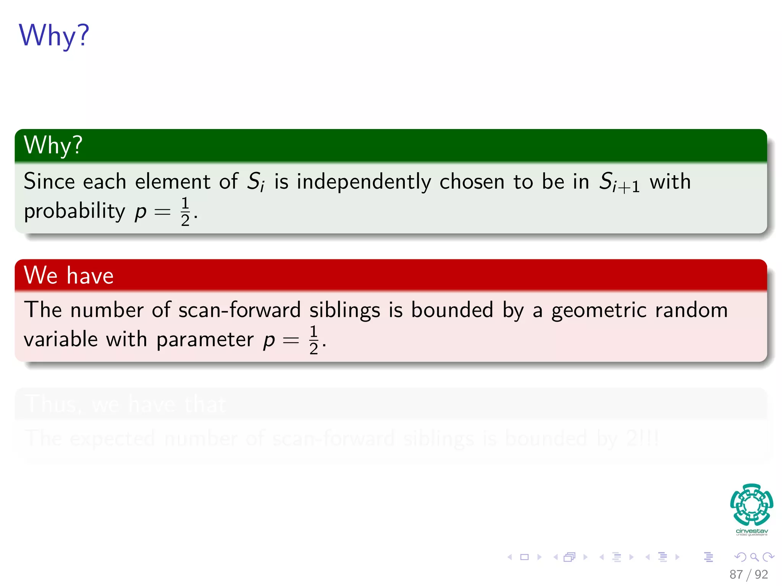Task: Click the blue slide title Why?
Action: [x=54, y=35]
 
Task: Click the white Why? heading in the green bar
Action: [x=53, y=145]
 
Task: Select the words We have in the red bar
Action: [x=69, y=275]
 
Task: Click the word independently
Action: [x=364, y=182]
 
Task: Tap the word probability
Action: [x=74, y=211]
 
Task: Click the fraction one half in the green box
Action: [x=185, y=211]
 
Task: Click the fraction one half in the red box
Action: [x=313, y=340]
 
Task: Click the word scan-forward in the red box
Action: [x=239, y=309]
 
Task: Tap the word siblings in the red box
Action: [x=345, y=310]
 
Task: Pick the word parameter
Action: [x=205, y=340]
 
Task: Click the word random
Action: [x=692, y=309]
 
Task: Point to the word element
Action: [x=173, y=181]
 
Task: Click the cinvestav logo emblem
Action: [x=751, y=504]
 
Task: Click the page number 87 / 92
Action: [x=748, y=574]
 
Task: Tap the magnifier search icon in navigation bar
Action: [x=754, y=557]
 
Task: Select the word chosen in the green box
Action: [x=472, y=182]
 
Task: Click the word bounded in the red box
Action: [x=452, y=309]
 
